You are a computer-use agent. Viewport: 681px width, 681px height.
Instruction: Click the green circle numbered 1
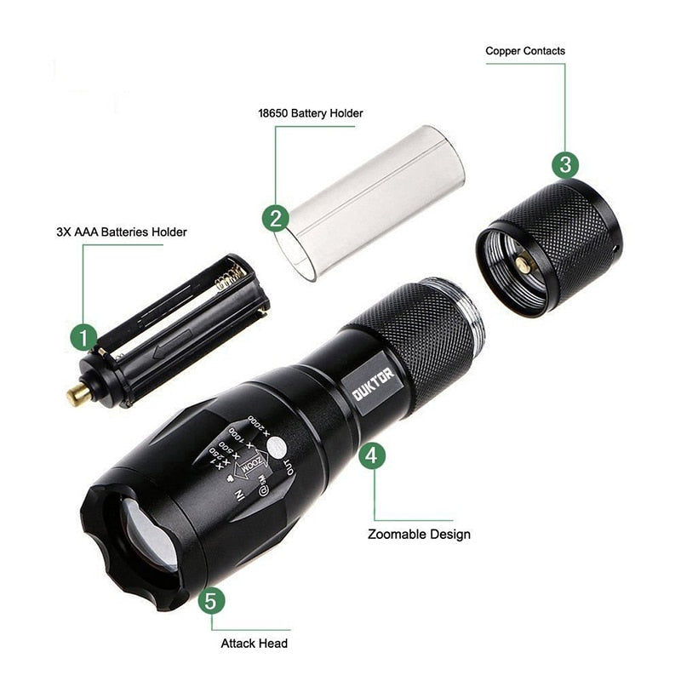(83, 338)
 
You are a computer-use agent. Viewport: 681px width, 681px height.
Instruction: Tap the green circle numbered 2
(273, 218)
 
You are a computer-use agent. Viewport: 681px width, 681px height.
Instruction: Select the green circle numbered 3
(566, 163)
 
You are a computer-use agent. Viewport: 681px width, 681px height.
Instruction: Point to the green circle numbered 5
(213, 601)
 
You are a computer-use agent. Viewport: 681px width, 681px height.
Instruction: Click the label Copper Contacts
(524, 51)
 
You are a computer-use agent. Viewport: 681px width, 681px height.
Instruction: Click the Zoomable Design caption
(419, 535)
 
